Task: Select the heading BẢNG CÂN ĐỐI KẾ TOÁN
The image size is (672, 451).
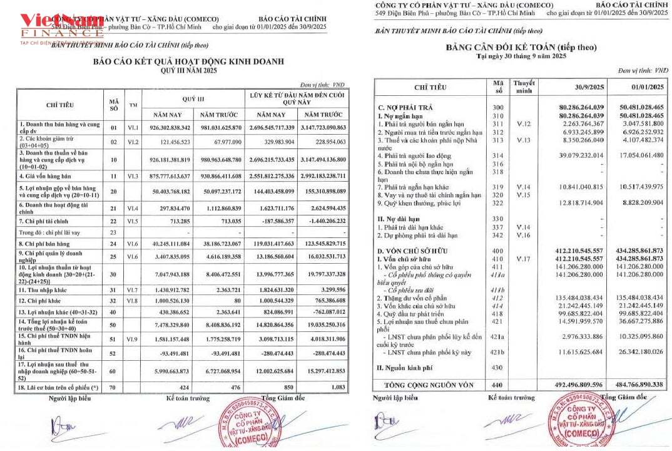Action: click(x=521, y=47)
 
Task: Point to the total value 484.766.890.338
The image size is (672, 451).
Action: click(x=638, y=384)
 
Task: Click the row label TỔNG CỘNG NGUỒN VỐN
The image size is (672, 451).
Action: click(x=430, y=384)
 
